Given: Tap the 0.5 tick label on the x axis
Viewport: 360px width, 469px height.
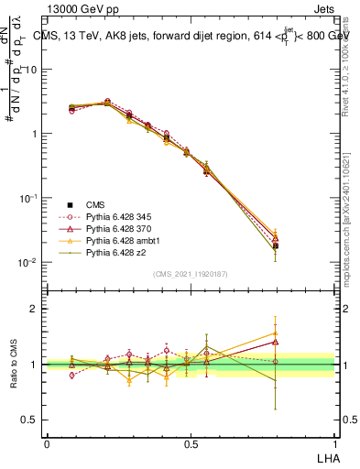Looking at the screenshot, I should pos(191,442).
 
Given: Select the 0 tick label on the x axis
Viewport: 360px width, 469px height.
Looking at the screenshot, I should pos(47,442).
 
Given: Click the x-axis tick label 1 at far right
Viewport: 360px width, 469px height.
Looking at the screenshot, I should pos(334,442).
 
